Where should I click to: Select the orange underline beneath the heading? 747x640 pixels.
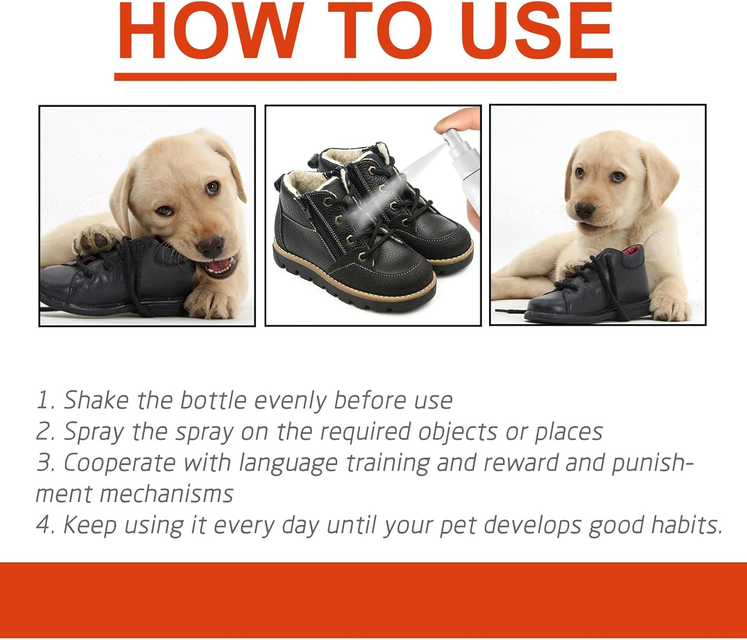365,77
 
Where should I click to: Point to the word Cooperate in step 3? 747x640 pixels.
119,463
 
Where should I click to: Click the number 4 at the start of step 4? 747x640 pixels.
44,525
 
